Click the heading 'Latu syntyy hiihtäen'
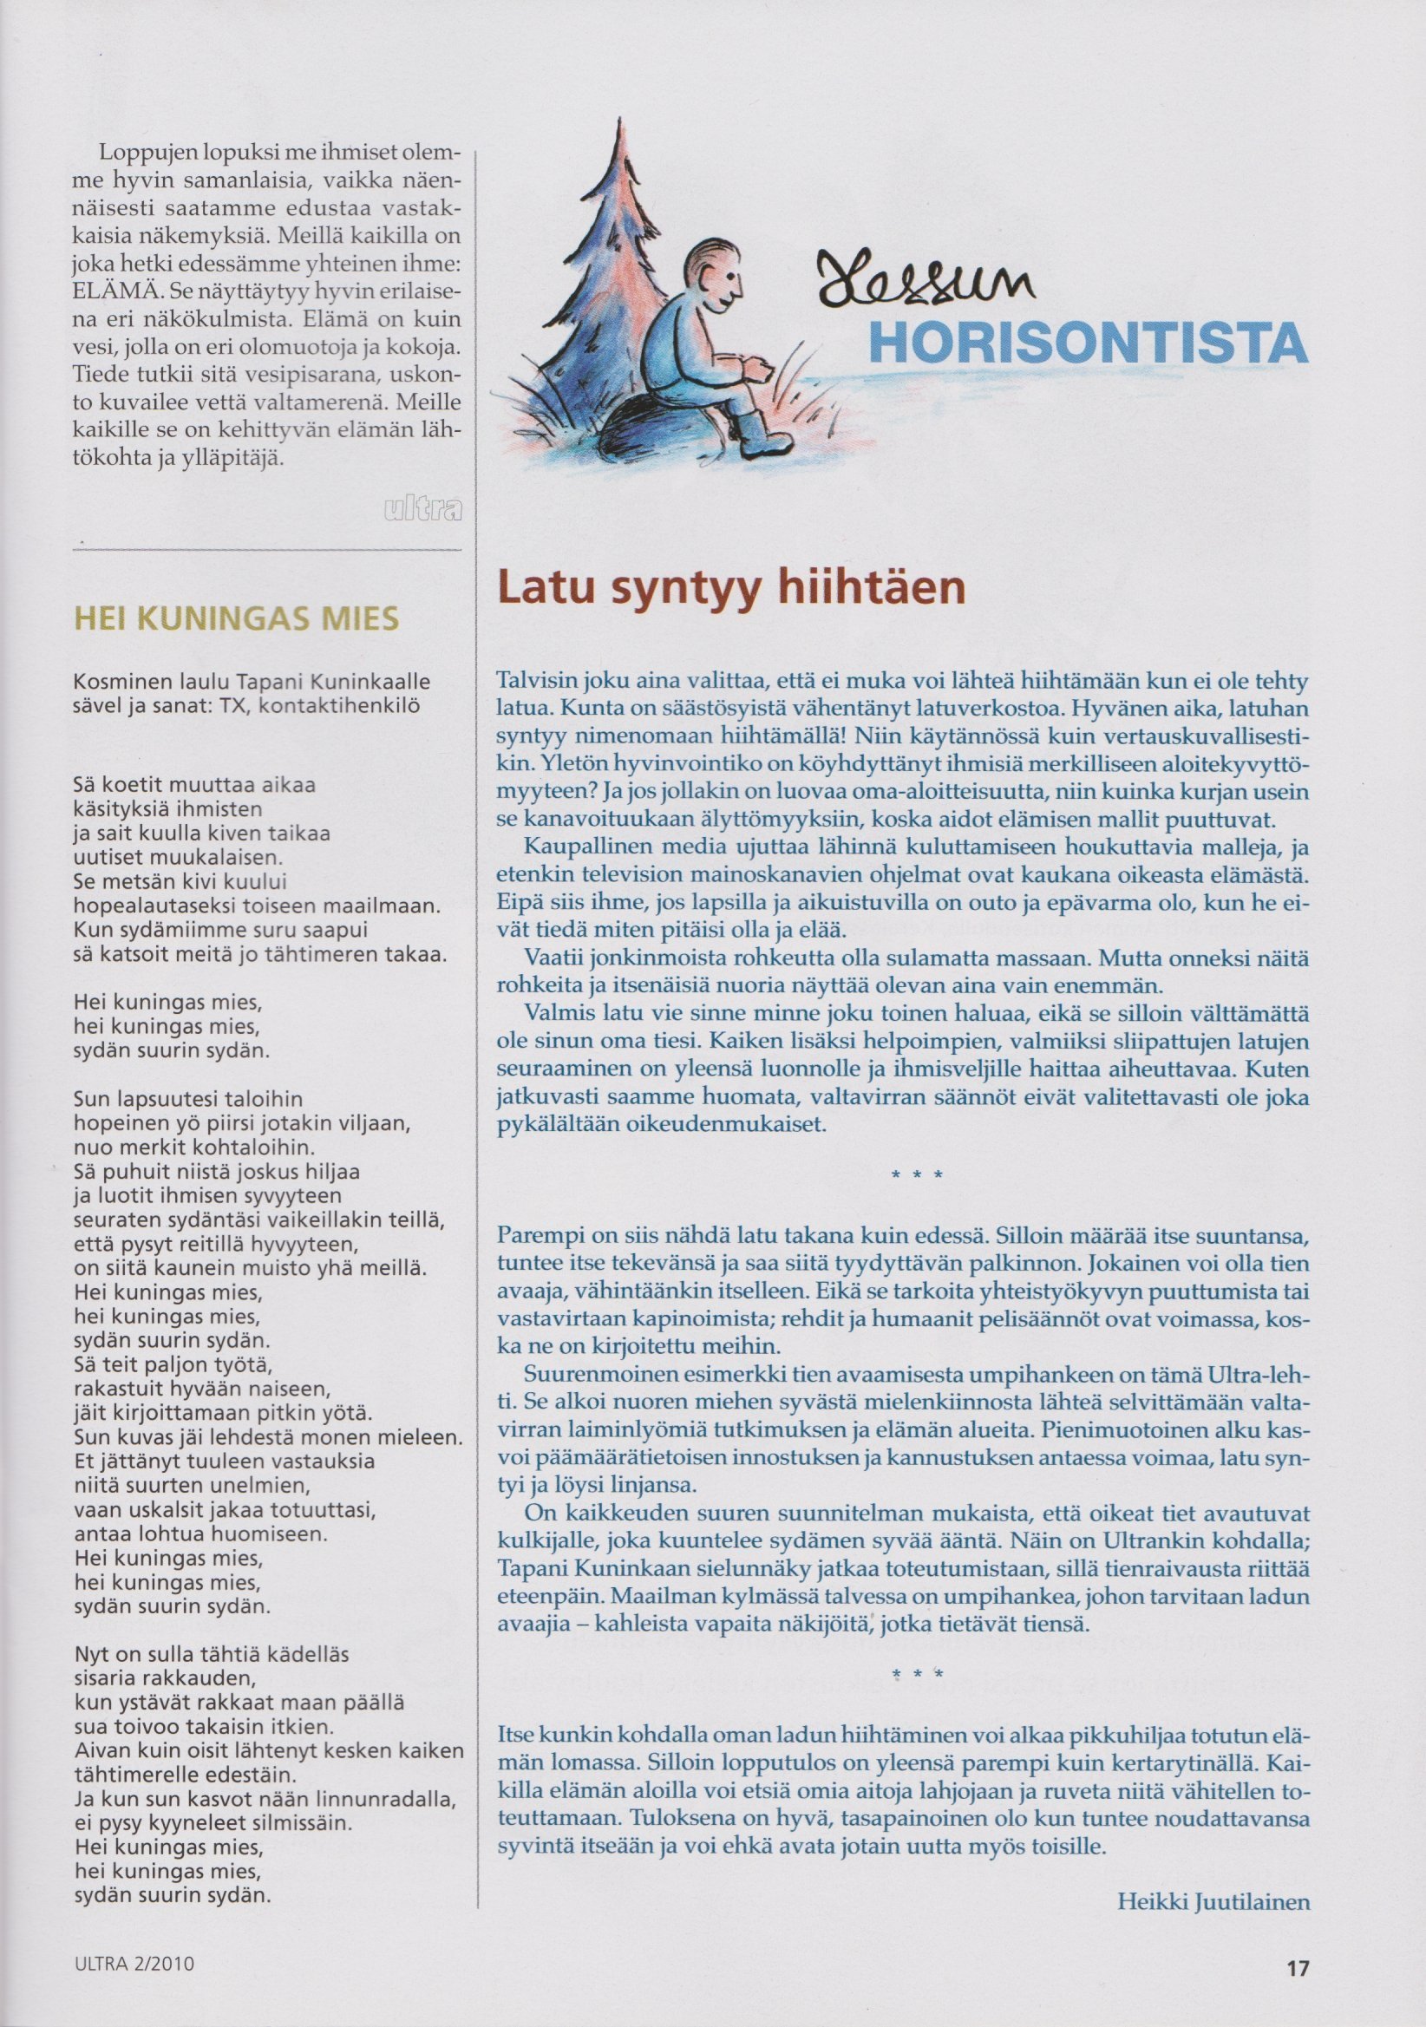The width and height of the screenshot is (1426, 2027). point(730,587)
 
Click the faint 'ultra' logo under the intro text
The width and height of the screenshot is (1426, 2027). point(422,510)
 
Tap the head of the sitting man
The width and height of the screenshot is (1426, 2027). point(716,273)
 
